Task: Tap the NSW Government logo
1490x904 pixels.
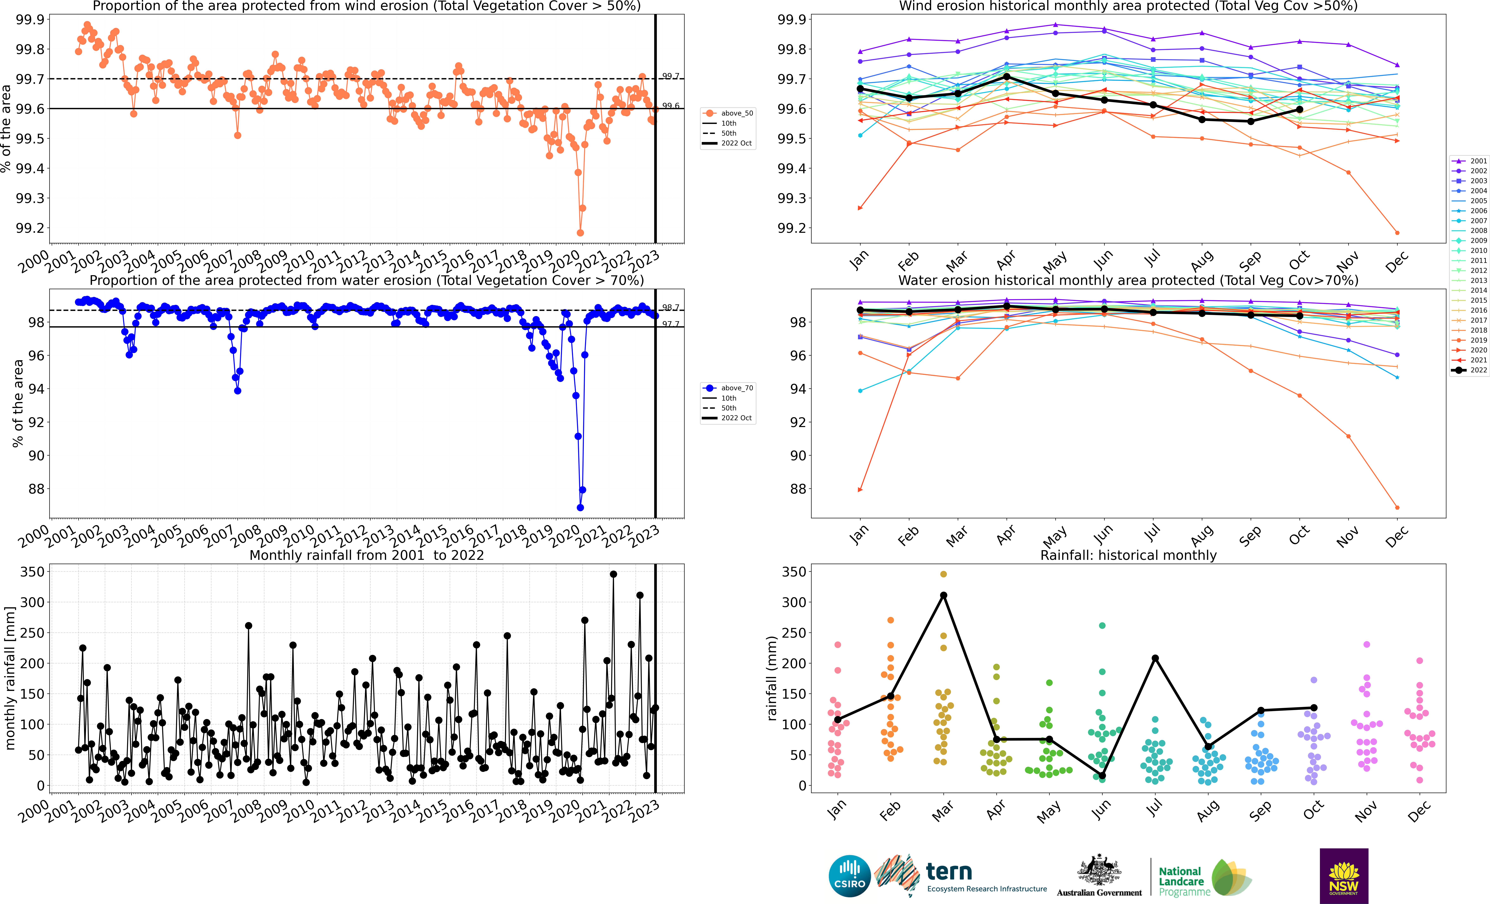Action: pyautogui.click(x=1344, y=876)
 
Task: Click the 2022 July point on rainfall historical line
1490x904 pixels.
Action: pyautogui.click(x=1155, y=658)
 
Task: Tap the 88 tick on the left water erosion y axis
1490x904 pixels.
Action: pyautogui.click(x=36, y=489)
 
